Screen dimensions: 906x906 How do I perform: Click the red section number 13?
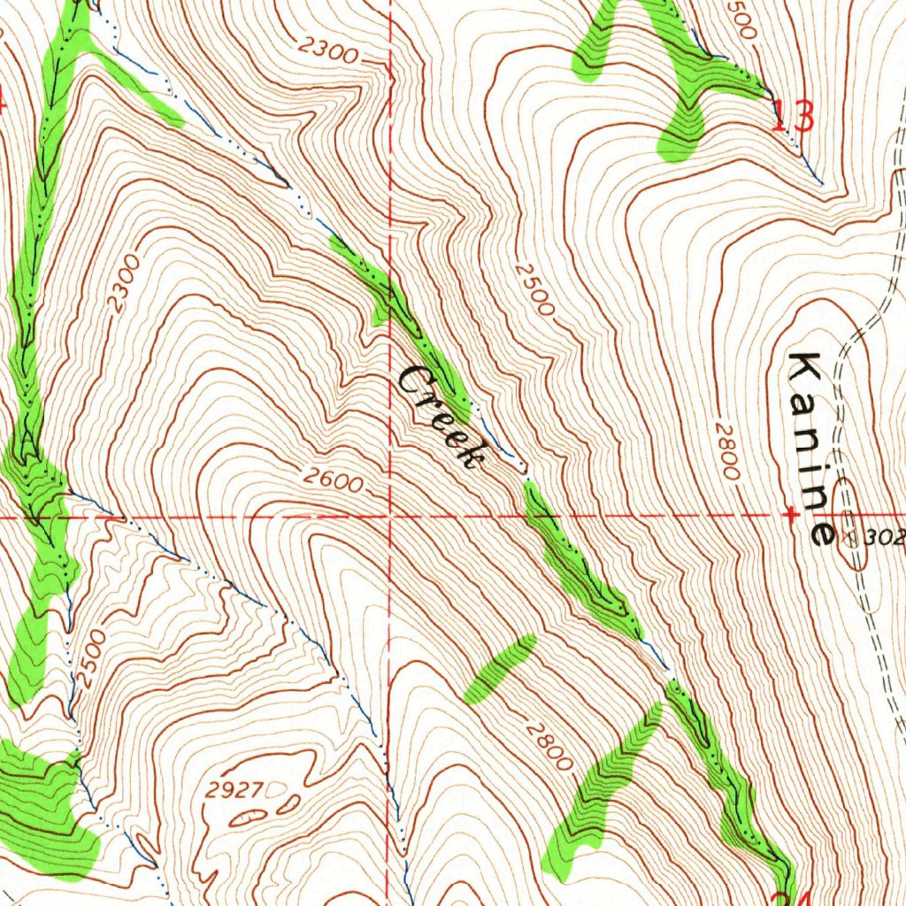pos(793,117)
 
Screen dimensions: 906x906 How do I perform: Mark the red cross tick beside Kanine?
pos(791,513)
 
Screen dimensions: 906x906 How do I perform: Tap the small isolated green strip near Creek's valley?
pos(501,668)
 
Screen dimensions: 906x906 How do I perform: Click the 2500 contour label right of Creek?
pos(533,289)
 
